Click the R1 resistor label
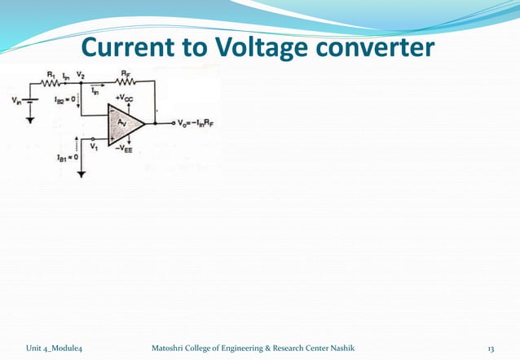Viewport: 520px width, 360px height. coord(50,76)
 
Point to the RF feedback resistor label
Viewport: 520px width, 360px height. coord(126,74)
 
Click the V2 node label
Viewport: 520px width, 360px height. coord(80,75)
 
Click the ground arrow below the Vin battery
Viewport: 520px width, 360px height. coord(31,120)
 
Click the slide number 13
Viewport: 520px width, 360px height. coord(491,348)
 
